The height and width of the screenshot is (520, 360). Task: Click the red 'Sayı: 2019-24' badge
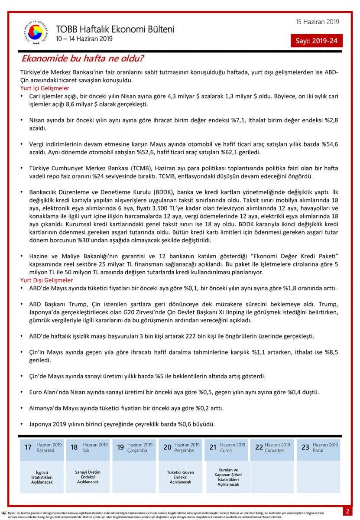click(x=316, y=41)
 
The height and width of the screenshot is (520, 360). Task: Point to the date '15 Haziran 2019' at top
click(x=318, y=22)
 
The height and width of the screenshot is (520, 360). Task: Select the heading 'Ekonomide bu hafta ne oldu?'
click(x=83, y=58)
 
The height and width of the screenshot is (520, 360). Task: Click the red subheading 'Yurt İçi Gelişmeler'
click(x=45, y=88)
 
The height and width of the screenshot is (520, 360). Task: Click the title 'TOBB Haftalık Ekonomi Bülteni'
click(x=115, y=29)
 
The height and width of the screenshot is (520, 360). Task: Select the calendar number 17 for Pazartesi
click(x=28, y=447)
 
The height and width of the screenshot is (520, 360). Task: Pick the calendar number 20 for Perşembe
click(x=167, y=447)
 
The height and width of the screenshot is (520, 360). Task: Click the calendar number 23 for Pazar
click(x=305, y=447)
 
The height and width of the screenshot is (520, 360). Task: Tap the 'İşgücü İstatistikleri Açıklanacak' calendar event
click(x=42, y=477)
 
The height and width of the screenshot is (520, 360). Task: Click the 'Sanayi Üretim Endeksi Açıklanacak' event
click(x=88, y=477)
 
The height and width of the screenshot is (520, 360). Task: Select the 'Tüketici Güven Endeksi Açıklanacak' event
click(x=180, y=477)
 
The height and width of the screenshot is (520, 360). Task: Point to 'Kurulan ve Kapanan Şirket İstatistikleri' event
click(x=228, y=477)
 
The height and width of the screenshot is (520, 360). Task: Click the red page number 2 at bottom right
click(x=347, y=511)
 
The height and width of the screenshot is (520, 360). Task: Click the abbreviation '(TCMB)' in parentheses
click(x=133, y=168)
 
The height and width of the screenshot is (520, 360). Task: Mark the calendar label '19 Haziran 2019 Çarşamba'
click(x=134, y=447)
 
